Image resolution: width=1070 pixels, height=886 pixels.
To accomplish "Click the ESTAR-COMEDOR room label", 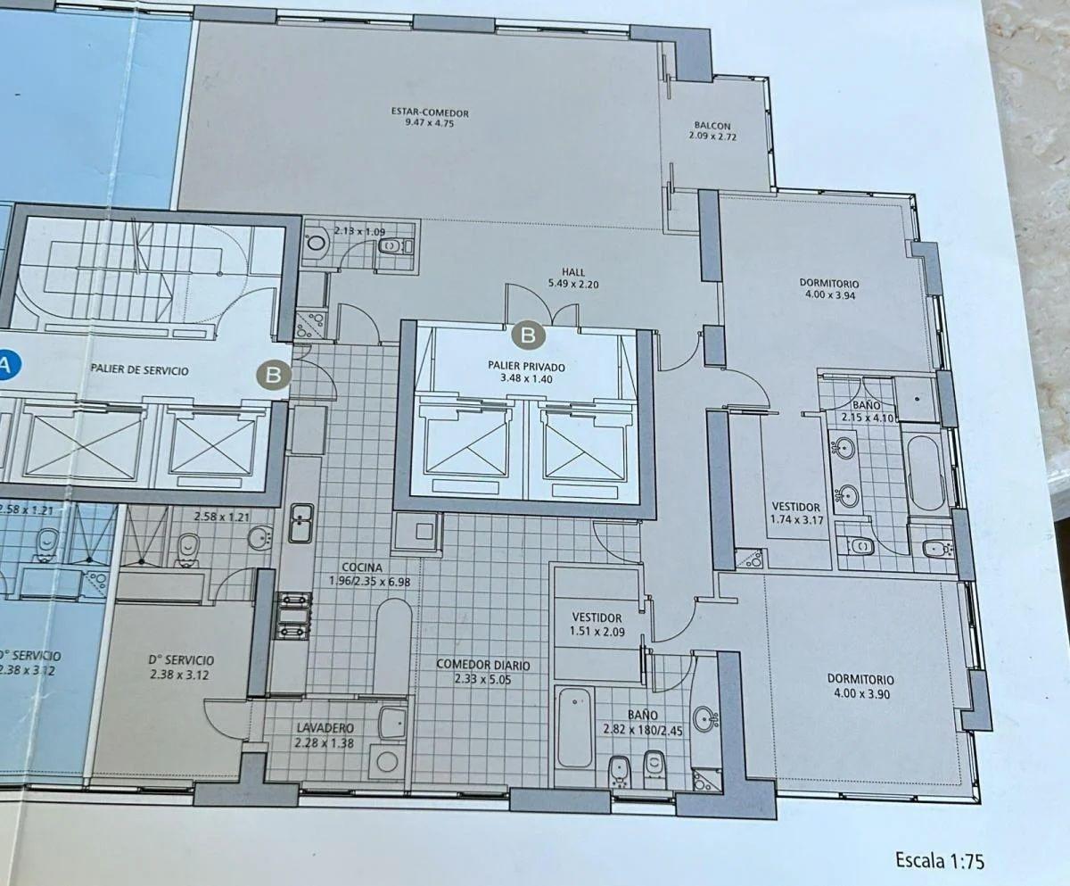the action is pyautogui.click(x=430, y=112).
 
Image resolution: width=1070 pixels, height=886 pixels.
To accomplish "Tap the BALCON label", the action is pyautogui.click(x=712, y=125).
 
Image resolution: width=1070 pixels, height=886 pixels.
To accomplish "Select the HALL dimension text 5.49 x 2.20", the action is pyautogui.click(x=573, y=284).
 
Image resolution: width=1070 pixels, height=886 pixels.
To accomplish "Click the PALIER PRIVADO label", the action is pyautogui.click(x=526, y=367).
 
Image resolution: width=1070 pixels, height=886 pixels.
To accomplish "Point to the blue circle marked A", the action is pyautogui.click(x=4, y=365).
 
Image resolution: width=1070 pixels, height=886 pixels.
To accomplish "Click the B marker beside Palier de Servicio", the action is pyautogui.click(x=274, y=376).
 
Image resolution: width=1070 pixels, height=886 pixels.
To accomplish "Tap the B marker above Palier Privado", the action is pyautogui.click(x=528, y=335).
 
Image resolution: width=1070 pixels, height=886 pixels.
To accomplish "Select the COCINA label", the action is pyautogui.click(x=362, y=567).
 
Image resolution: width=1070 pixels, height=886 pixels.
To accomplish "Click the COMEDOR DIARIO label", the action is pyautogui.click(x=482, y=665).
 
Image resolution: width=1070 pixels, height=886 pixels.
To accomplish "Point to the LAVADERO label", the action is pyautogui.click(x=325, y=727).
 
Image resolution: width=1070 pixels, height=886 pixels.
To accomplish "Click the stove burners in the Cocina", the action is pyautogui.click(x=294, y=616).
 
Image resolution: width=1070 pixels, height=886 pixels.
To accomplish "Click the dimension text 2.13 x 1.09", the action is pyautogui.click(x=359, y=231).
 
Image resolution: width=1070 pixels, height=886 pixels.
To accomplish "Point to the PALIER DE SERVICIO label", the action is pyautogui.click(x=139, y=369).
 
